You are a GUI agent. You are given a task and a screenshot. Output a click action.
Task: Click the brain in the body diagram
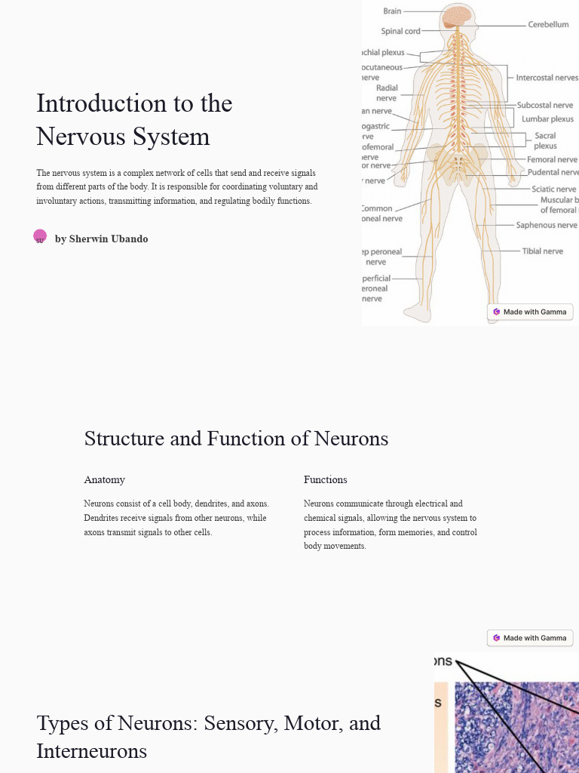458,17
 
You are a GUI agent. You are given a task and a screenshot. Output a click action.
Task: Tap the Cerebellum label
548,25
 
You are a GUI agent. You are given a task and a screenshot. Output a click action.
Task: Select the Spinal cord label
400,32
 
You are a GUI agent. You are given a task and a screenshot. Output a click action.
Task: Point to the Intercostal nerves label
547,78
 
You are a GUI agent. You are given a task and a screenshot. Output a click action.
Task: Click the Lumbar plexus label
547,119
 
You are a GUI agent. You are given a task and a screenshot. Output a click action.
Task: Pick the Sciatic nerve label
553,189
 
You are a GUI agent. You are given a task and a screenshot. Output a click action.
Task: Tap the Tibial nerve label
542,251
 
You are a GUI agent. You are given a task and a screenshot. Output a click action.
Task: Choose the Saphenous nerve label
547,225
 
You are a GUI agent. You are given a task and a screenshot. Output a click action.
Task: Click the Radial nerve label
387,93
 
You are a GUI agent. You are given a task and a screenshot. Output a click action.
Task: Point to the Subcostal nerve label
545,106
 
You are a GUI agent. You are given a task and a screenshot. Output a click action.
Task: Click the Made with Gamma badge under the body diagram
530,312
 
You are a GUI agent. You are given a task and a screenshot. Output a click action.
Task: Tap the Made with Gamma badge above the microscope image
530,638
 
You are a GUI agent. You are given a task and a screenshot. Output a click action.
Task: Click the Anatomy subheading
104,480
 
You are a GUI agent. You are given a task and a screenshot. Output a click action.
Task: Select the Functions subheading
325,480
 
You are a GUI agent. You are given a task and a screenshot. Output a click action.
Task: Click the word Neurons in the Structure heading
351,439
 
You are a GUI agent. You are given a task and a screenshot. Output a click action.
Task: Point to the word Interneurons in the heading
91,751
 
